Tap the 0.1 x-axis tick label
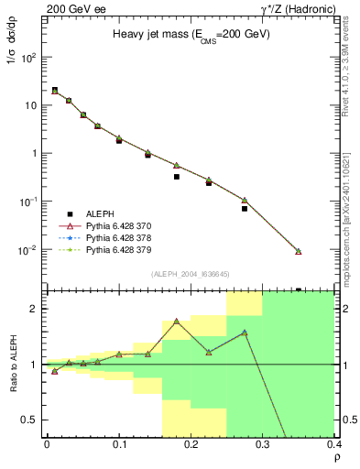point(119,446)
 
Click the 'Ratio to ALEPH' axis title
point(13,363)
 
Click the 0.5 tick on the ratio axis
point(32,420)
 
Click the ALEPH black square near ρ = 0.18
point(177,177)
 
